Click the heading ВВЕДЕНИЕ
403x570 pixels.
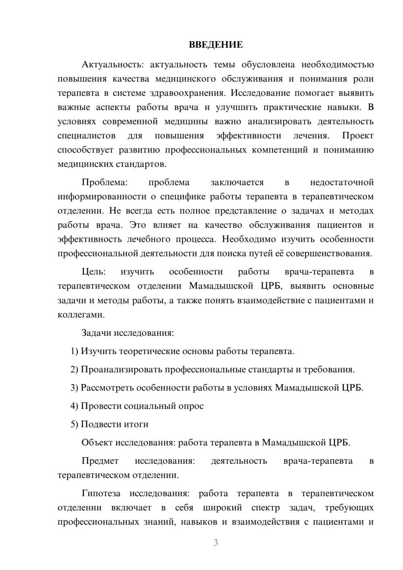pyautogui.click(x=216, y=45)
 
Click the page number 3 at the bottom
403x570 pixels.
pyautogui.click(x=216, y=543)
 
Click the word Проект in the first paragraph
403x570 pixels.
pyautogui.click(x=358, y=135)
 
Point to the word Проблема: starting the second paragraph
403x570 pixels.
pyautogui.click(x=104, y=182)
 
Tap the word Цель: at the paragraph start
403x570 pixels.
pyautogui.click(x=93, y=272)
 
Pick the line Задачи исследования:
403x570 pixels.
pyautogui.click(x=128, y=333)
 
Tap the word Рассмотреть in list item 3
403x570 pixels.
pyautogui.click(x=107, y=388)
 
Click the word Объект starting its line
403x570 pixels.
pyautogui.click(x=97, y=442)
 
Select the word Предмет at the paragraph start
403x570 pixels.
pyautogui.click(x=100, y=461)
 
